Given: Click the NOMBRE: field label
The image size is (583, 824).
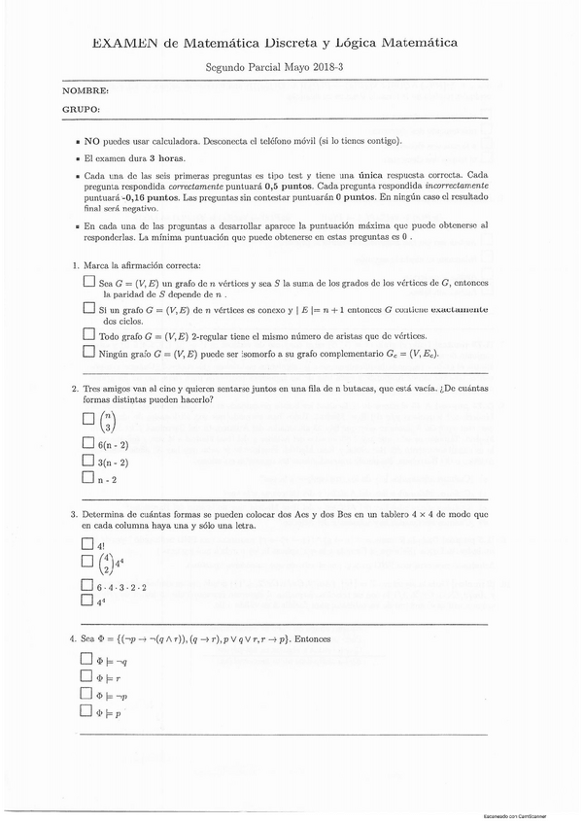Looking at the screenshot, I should [86, 90].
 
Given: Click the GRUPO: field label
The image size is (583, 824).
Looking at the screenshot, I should [82, 110].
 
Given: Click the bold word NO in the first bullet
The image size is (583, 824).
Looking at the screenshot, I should [92, 141].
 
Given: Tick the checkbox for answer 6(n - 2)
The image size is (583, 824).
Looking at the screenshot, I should [88, 443].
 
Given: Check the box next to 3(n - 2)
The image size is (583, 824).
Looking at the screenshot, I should [88, 462].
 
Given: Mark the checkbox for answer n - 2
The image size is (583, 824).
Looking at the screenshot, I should [88, 480].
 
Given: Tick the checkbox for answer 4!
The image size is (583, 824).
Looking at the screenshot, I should [88, 545].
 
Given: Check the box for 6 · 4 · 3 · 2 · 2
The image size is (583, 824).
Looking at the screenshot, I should [88, 586].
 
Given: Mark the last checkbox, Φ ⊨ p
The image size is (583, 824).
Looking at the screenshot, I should [88, 712].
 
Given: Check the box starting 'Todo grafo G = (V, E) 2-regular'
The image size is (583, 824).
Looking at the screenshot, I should [88, 335].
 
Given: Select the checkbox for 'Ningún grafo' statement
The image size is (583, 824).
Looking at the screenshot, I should [88, 353].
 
